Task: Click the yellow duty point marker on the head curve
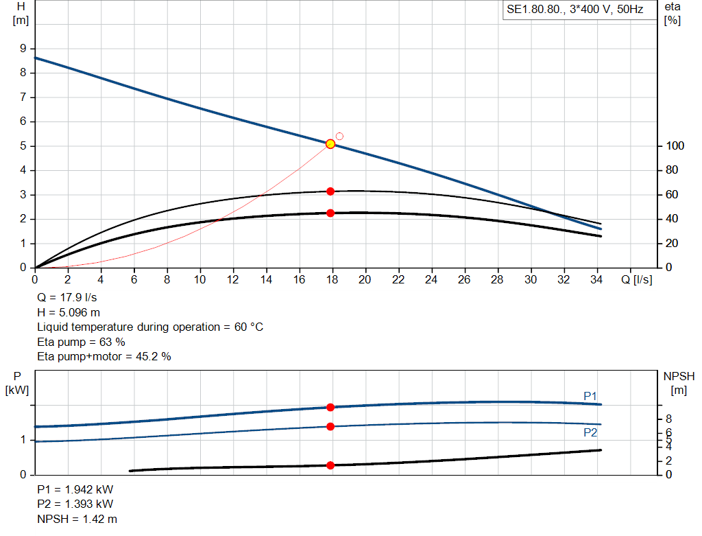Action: pyautogui.click(x=330, y=144)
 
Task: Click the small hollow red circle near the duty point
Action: pyautogui.click(x=339, y=137)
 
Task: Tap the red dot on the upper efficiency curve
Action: pyautogui.click(x=330, y=191)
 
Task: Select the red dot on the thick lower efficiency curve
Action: pyautogui.click(x=330, y=213)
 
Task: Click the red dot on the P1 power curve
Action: pyautogui.click(x=330, y=408)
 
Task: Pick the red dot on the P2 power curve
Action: pyautogui.click(x=330, y=427)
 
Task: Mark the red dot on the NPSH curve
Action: pyautogui.click(x=330, y=465)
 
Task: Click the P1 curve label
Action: pyautogui.click(x=590, y=396)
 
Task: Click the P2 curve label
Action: pyautogui.click(x=590, y=432)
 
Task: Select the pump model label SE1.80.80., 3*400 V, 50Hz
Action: pyautogui.click(x=574, y=11)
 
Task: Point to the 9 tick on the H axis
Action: pyautogui.click(x=23, y=49)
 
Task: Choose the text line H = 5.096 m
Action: pyautogui.click(x=68, y=313)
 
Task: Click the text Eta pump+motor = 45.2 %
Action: pyautogui.click(x=104, y=356)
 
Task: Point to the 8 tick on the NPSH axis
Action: pyautogui.click(x=668, y=419)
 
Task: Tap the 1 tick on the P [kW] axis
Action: pyautogui.click(x=25, y=440)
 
